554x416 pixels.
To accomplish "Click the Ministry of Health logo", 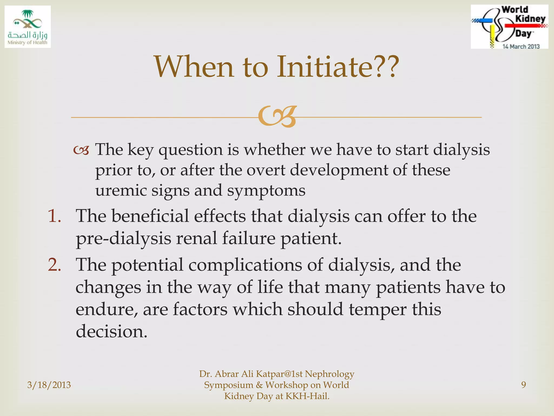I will (28, 27).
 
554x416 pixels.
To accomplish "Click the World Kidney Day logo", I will (509, 27).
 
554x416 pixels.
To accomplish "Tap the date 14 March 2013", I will (521, 47).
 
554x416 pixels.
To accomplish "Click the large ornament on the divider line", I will (277, 117).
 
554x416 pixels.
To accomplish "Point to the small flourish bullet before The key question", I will (81, 151).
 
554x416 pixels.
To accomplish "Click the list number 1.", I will (54, 216).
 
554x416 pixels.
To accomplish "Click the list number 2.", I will (54, 265).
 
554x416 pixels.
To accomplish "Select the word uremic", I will (121, 190).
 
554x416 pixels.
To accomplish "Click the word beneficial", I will (150, 216).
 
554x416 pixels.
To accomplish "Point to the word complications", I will (245, 265).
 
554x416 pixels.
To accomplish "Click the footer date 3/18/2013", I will (49, 385).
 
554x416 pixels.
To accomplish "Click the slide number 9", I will (523, 385).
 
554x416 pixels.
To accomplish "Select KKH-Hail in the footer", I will (307, 396).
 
